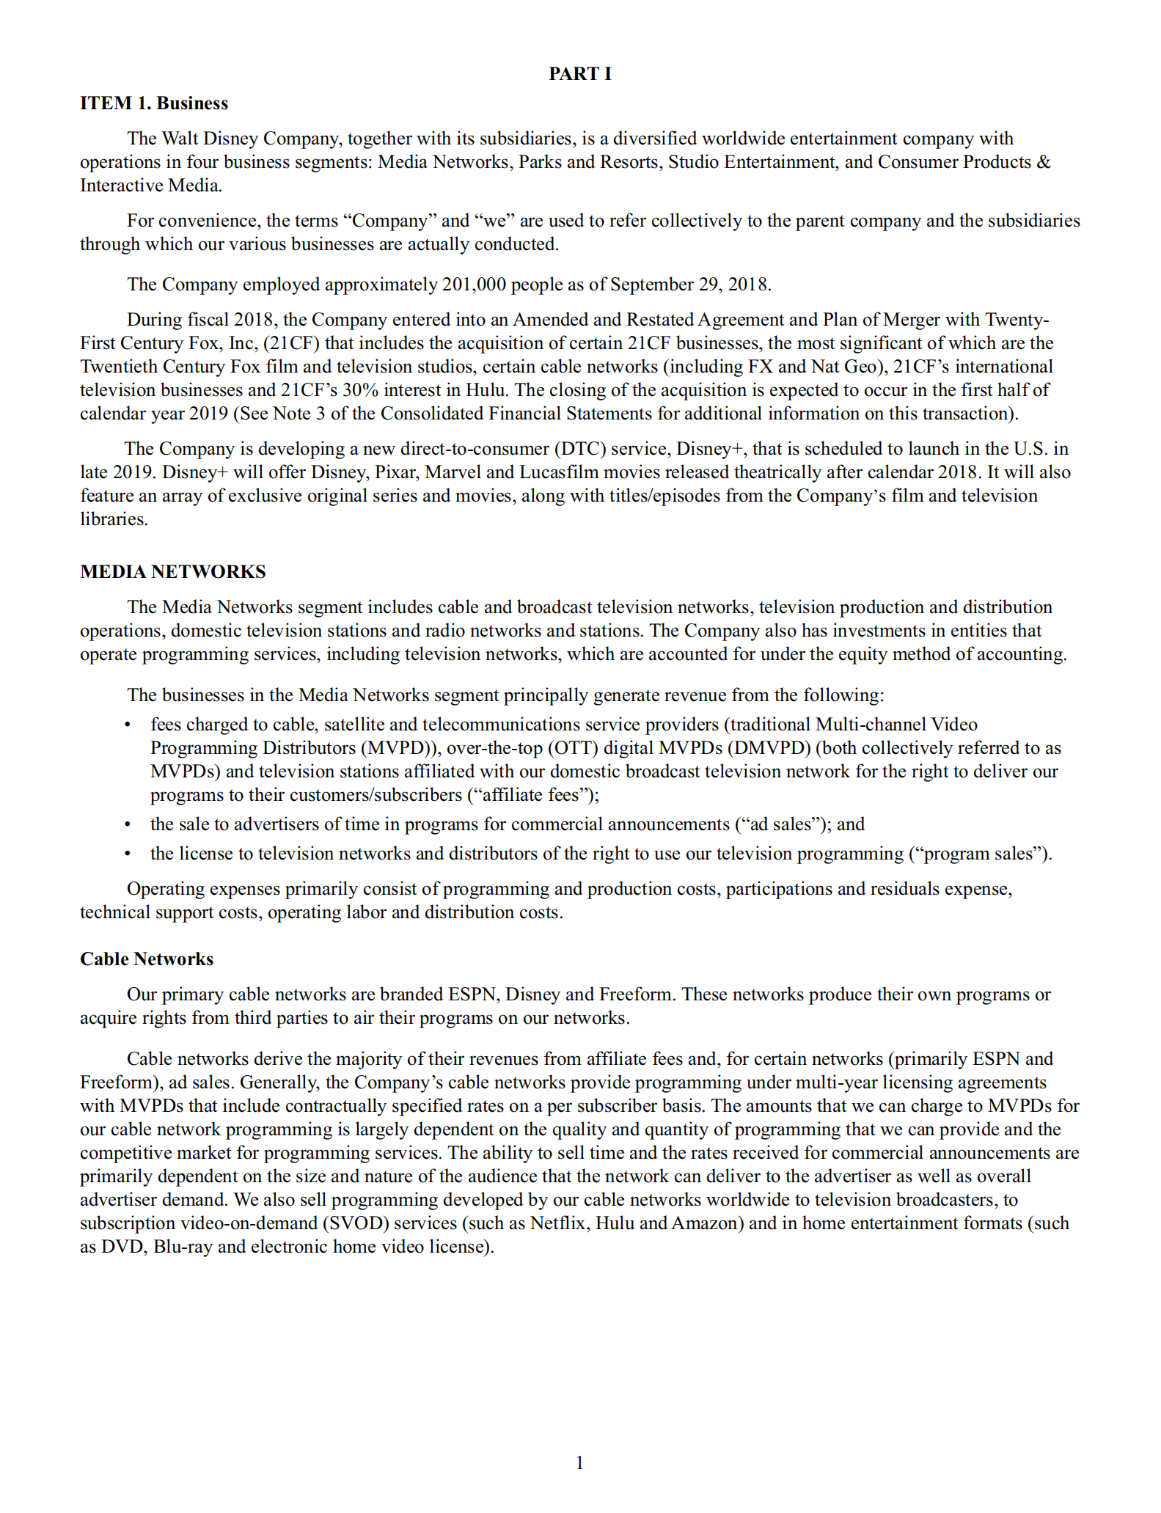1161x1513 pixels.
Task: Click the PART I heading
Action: (x=579, y=73)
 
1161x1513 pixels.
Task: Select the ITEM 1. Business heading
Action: (x=154, y=103)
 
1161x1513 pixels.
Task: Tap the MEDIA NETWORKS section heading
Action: (x=173, y=572)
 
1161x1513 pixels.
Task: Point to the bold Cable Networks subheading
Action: (x=147, y=959)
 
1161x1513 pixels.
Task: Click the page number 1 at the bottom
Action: (x=580, y=1463)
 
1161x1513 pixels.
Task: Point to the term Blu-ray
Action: (x=183, y=1247)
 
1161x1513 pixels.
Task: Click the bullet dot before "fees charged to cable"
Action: (x=128, y=725)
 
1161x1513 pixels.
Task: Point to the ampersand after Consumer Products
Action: (x=1044, y=162)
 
